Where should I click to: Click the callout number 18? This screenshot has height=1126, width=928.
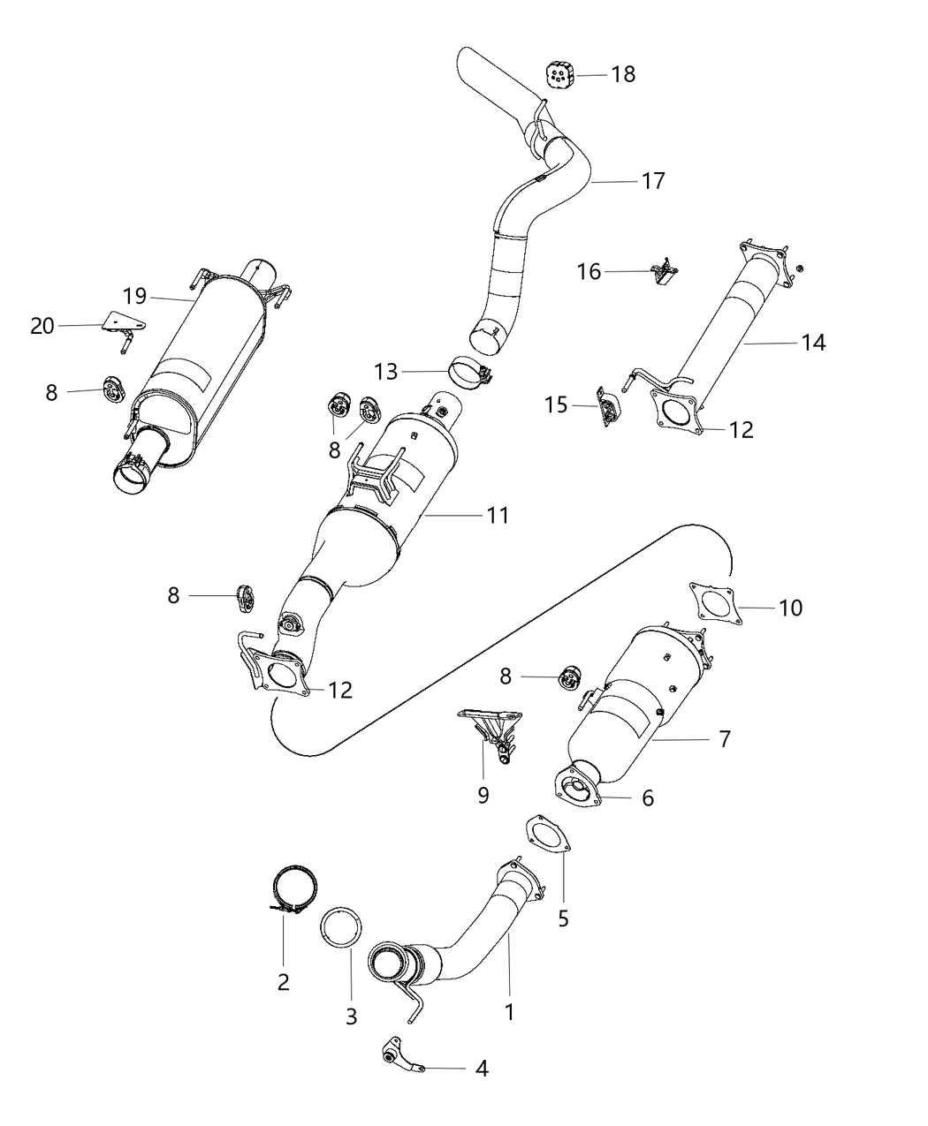(x=623, y=74)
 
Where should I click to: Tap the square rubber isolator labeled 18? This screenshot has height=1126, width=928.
(x=559, y=74)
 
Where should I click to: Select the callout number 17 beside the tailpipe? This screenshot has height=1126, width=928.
(x=653, y=181)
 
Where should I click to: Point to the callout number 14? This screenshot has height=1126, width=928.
(x=814, y=343)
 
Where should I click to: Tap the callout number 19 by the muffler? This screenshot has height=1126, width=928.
(x=134, y=296)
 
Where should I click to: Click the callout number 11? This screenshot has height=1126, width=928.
(x=498, y=515)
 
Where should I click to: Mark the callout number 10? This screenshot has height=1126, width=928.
(x=791, y=608)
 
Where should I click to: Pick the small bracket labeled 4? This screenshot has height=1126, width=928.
(x=399, y=1058)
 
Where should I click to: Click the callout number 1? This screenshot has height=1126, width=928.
(x=509, y=1012)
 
